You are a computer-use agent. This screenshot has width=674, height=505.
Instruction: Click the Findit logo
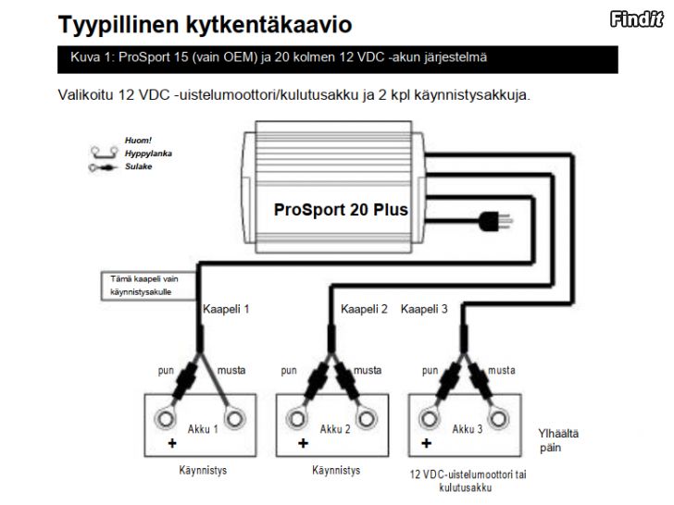637,19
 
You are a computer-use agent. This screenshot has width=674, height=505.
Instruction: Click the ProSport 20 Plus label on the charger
341,210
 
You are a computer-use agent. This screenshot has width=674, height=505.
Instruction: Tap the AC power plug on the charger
495,221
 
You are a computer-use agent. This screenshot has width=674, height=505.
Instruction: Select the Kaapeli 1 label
226,309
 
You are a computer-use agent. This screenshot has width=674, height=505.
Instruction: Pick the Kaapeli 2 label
364,309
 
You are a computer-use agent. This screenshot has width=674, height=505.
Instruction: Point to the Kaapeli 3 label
424,309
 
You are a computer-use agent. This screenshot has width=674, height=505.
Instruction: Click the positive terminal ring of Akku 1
165,418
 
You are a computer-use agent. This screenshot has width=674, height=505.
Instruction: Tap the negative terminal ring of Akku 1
235,418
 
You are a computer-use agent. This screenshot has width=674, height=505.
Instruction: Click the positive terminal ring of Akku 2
296,418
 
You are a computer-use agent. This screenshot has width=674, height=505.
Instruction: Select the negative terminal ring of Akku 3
498,418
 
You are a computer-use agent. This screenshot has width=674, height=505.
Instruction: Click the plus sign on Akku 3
427,443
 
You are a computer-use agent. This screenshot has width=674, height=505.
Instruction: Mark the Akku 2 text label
335,429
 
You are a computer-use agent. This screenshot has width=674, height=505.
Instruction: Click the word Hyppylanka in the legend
148,154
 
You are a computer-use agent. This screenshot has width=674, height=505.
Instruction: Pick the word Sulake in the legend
139,166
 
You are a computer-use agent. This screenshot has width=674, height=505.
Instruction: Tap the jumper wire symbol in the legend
104,152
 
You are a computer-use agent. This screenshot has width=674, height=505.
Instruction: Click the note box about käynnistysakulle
149,286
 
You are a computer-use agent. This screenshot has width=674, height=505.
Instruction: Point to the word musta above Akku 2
367,370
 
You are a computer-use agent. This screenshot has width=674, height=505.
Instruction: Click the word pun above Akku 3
430,371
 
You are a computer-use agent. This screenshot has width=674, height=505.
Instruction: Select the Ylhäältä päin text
558,440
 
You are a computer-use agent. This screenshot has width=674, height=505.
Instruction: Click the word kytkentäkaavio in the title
268,24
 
